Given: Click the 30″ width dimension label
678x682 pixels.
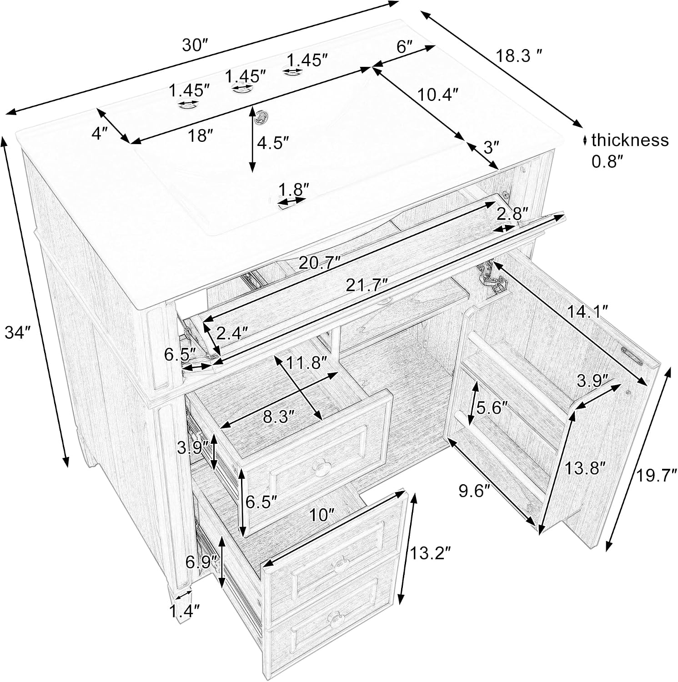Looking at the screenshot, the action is click(195, 46).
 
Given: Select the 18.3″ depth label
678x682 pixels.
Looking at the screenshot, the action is click(519, 56).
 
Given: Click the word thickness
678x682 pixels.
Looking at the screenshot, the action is click(630, 140).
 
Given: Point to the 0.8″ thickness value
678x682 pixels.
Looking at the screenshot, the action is click(607, 160).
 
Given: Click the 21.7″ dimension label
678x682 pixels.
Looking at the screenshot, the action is click(367, 285).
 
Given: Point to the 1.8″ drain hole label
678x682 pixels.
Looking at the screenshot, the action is click(294, 189).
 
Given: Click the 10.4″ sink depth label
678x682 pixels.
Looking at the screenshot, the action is click(437, 95).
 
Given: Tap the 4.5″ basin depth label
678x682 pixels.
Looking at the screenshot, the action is click(273, 143).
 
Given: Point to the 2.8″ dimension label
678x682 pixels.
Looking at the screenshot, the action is click(512, 213).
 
